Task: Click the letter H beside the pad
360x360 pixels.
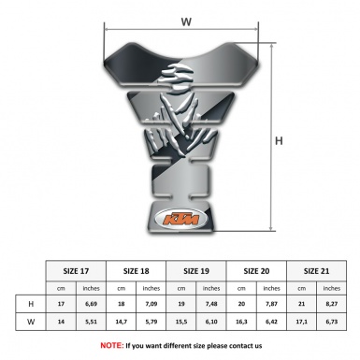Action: pos(278,142)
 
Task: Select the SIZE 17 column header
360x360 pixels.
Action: pos(76,270)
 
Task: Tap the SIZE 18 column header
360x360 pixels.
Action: pos(137,270)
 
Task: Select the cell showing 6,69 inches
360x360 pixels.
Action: pos(91,305)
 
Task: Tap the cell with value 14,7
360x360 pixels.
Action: pos(122,322)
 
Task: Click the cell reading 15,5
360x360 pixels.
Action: pos(183,322)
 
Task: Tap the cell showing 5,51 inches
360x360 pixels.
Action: pos(91,322)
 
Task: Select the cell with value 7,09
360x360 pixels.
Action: pos(152,305)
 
